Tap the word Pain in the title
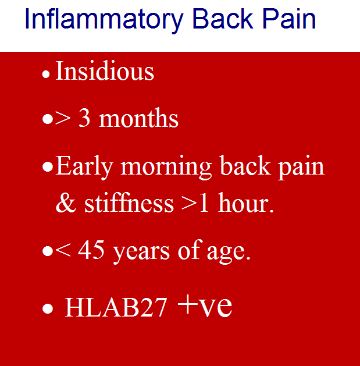[x=289, y=19]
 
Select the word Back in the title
[x=223, y=19]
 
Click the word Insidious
[x=105, y=71]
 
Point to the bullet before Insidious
[x=46, y=74]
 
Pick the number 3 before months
[x=84, y=118]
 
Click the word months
[x=138, y=118]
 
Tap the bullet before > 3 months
[x=48, y=119]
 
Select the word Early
[x=84, y=168]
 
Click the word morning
[x=166, y=168]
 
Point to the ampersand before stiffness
[x=66, y=202]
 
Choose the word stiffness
[x=129, y=202]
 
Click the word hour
[x=243, y=202]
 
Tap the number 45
[x=91, y=250]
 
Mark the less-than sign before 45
[x=63, y=251]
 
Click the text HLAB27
[x=116, y=307]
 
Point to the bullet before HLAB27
[x=48, y=308]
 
